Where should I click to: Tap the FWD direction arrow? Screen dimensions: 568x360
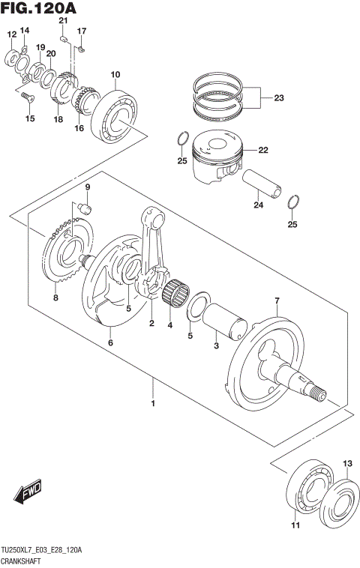[26, 492]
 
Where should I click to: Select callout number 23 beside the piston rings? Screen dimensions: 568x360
[279, 98]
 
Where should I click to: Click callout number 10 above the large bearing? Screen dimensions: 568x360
[115, 74]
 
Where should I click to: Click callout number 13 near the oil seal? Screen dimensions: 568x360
[347, 465]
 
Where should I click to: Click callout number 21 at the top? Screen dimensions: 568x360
[63, 21]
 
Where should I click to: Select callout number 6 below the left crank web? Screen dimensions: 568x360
[110, 342]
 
